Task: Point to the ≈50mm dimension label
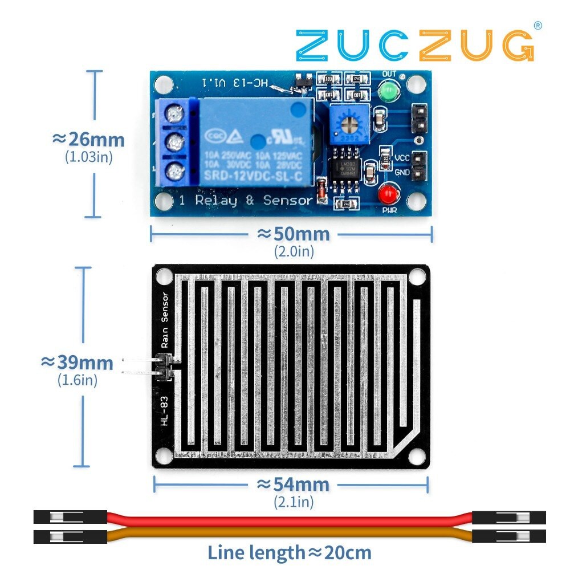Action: pyautogui.click(x=293, y=234)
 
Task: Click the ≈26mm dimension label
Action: pyautogui.click(x=88, y=139)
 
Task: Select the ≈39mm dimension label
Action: pyautogui.click(x=77, y=363)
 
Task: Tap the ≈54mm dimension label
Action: pyautogui.click(x=293, y=484)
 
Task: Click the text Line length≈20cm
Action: pyautogui.click(x=289, y=552)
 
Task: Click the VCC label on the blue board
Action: pyautogui.click(x=402, y=158)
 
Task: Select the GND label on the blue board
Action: pyautogui.click(x=402, y=172)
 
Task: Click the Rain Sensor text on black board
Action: pyautogui.click(x=165, y=320)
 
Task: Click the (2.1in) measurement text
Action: pyautogui.click(x=293, y=502)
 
